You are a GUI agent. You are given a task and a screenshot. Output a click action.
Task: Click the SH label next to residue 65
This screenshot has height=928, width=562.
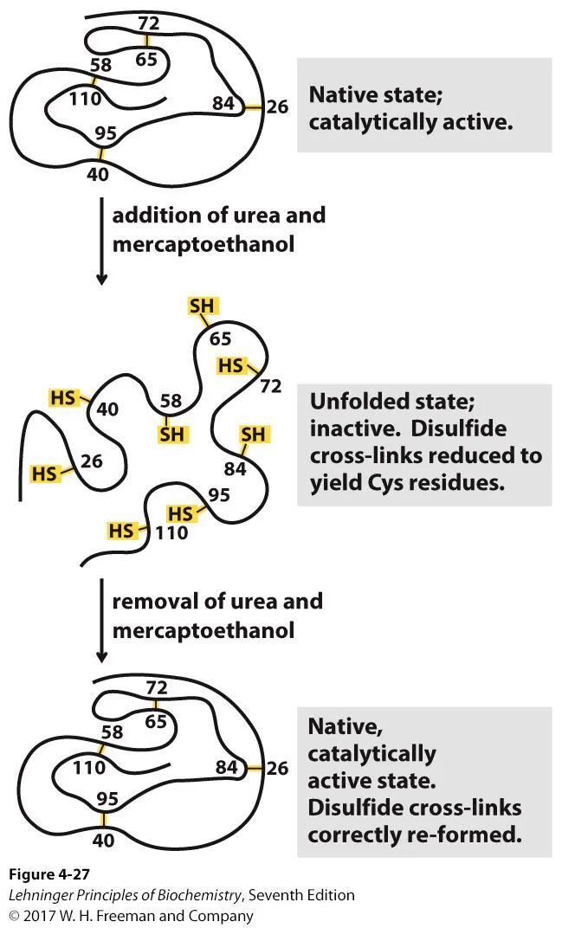(201, 306)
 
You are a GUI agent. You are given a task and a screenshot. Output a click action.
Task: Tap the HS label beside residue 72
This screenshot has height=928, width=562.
(230, 365)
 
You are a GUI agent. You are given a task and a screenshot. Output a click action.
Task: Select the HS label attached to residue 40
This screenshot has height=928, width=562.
(64, 397)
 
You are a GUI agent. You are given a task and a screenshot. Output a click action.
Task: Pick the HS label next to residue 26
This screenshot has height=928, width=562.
(45, 473)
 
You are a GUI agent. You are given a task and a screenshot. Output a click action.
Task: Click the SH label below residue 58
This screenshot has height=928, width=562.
(171, 434)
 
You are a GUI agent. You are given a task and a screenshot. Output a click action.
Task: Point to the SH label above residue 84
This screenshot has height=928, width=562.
(253, 434)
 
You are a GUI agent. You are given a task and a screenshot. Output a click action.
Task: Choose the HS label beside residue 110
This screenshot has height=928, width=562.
(121, 531)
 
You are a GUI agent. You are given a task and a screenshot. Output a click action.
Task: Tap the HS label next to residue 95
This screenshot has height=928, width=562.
(179, 513)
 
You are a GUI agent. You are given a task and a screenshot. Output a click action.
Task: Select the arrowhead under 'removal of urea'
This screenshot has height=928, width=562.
(101, 663)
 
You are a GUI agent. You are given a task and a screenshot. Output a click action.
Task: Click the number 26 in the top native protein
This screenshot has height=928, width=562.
(277, 107)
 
